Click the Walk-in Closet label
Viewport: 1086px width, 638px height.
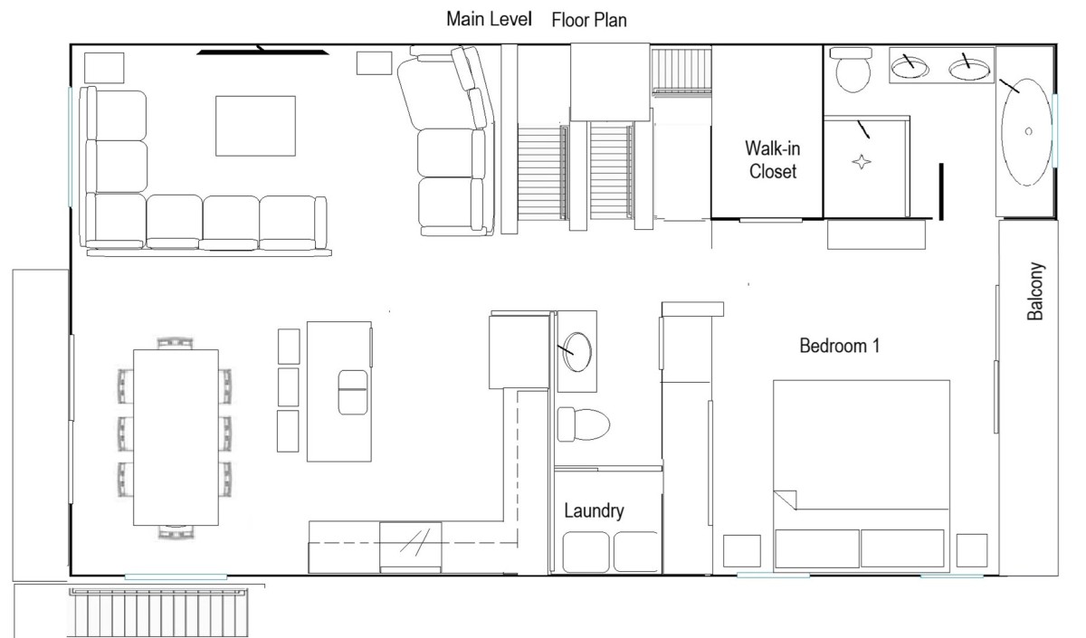click(772, 160)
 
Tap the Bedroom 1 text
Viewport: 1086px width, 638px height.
click(839, 346)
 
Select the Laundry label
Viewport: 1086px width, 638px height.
click(594, 511)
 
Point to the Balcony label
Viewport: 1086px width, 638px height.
click(1035, 290)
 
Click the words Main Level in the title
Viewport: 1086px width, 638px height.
click(489, 19)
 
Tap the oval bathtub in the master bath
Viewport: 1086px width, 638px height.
click(1026, 132)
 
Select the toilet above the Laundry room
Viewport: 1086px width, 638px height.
click(583, 424)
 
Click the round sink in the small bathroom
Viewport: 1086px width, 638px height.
click(577, 351)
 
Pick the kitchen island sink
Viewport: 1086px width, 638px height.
click(352, 392)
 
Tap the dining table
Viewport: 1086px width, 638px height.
click(176, 437)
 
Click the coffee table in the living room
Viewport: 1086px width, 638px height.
click(255, 126)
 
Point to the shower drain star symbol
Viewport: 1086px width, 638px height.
click(861, 162)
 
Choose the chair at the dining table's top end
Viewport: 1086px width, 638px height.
click(175, 343)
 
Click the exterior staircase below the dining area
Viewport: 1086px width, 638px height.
click(158, 613)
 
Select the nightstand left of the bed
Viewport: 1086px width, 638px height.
click(742, 551)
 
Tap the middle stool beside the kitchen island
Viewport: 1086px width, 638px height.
click(288, 387)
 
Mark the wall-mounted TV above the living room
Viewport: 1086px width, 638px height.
click(262, 51)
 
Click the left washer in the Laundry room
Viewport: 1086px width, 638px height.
click(586, 552)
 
